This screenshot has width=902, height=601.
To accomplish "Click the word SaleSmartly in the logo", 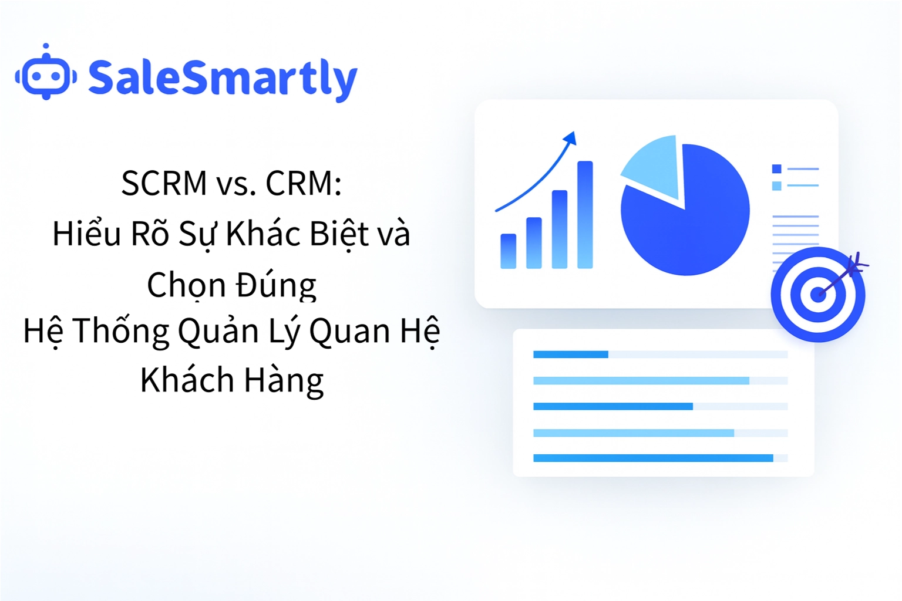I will [222, 78].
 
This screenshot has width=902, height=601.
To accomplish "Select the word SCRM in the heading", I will [164, 183].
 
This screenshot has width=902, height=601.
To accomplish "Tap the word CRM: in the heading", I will [304, 183].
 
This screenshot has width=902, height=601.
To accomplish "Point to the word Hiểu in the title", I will [86, 234].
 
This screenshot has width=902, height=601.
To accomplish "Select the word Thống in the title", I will [121, 331].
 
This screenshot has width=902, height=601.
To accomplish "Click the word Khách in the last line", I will [187, 380].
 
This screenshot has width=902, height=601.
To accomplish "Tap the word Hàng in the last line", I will [284, 380].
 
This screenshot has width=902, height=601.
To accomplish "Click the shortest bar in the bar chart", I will [508, 251].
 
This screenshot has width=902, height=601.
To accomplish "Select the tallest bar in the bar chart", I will [585, 215].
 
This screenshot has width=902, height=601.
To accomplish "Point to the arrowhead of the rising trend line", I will [570, 139].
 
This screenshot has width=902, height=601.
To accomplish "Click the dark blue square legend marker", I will [776, 169].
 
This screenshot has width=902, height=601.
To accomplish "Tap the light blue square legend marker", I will [776, 186].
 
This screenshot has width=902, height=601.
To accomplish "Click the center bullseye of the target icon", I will [817, 294].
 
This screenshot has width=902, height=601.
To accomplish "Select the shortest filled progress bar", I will [570, 354].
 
